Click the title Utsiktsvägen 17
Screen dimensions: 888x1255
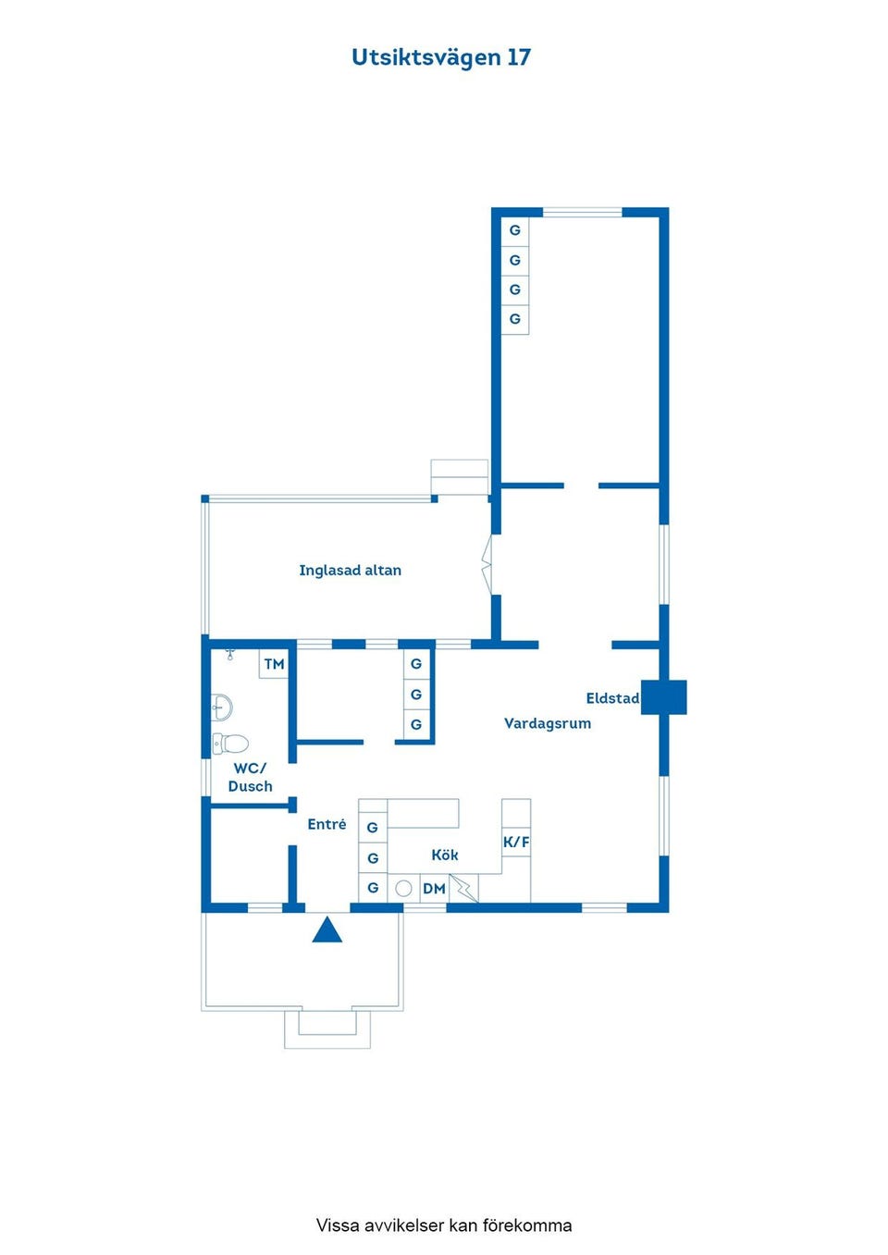pos(441,58)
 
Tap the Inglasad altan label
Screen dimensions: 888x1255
pos(351,571)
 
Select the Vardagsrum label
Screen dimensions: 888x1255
pos(548,723)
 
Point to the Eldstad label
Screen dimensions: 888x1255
pos(612,698)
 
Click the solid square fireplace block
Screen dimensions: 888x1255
pos(664,697)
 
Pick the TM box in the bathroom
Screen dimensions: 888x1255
pos(274,664)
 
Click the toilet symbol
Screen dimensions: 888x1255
pos(230,744)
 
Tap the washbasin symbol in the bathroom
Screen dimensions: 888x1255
pos(222,707)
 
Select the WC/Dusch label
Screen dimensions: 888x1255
pos(250,777)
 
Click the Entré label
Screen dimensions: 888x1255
pos(327,824)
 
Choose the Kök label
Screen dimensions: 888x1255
pos(444,855)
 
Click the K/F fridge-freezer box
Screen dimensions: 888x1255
pos(516,842)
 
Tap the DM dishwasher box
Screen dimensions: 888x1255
pos(434,889)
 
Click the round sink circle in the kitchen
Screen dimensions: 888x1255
pos(403,889)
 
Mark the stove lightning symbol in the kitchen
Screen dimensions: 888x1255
pos(463,889)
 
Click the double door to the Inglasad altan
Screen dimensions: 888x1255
pos(487,564)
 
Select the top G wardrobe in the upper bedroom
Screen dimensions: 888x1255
pos(515,230)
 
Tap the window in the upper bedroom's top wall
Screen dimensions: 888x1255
pos(583,213)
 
